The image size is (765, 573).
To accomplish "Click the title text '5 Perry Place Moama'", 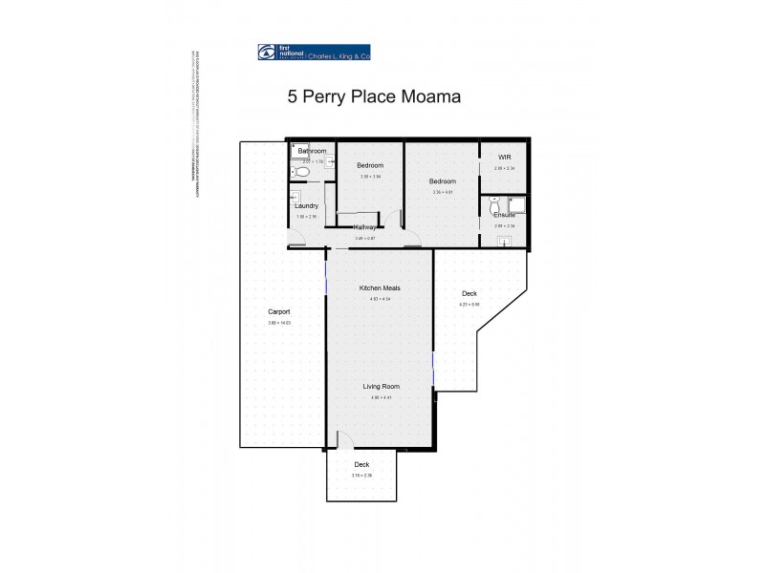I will click(x=375, y=96).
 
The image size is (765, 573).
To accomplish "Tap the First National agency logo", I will click(x=314, y=53).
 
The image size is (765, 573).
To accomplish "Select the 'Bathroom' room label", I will click(x=312, y=151).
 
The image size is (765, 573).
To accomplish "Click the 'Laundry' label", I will click(x=306, y=205).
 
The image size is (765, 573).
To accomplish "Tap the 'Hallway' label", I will click(x=364, y=227).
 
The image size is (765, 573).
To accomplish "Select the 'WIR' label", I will click(x=504, y=157).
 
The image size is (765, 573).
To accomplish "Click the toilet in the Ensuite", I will click(x=493, y=206).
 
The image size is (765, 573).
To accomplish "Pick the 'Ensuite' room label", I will click(x=504, y=215).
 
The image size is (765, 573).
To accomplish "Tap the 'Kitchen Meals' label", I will click(x=380, y=287).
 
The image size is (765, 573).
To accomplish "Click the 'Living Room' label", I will click(x=380, y=386).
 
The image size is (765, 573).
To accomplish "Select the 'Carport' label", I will click(x=279, y=312).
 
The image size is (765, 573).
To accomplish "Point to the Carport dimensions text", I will click(x=279, y=323).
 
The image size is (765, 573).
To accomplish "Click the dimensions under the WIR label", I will click(x=504, y=168).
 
